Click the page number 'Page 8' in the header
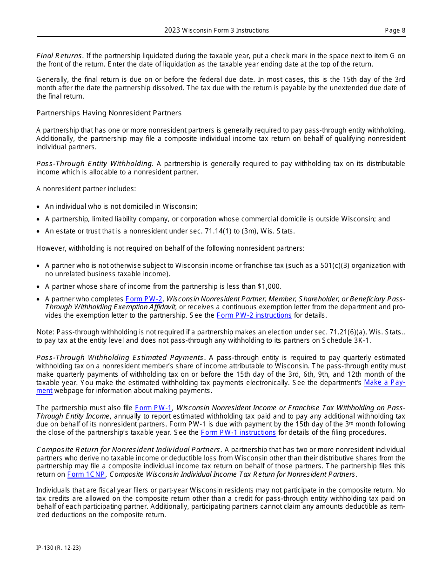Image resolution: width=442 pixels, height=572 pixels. [395, 31]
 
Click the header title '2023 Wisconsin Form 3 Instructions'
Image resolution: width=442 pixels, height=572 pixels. [216, 31]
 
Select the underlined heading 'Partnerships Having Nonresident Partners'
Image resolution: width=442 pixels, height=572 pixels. [109, 113]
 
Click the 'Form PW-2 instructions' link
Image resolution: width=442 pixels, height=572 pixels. [254, 315]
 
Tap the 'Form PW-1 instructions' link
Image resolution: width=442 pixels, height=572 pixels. [238, 432]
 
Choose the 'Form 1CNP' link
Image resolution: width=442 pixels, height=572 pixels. [86, 474]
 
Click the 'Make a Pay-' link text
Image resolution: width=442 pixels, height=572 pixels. [384, 382]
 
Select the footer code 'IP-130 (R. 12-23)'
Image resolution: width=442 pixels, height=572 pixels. [59, 548]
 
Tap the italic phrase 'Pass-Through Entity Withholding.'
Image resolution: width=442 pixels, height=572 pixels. [95, 164]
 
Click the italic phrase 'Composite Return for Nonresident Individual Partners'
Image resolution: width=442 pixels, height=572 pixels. [128, 450]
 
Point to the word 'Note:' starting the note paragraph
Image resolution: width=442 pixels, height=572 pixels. [45, 332]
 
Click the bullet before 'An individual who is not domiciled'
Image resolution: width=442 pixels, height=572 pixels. [38, 207]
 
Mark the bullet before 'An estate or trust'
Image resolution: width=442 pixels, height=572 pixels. [38, 232]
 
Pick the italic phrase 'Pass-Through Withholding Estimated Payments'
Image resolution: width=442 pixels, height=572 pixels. [120, 358]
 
